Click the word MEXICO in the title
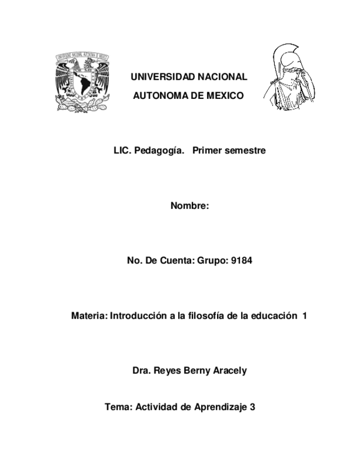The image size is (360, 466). click(224, 96)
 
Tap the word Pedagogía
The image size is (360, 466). click(159, 151)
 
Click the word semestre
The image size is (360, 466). click(245, 151)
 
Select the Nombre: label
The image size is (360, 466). click(190, 206)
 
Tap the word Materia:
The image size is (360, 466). click(90, 316)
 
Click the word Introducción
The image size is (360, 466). click(138, 316)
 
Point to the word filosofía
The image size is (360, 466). click(207, 316)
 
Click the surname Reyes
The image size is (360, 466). click(163, 370)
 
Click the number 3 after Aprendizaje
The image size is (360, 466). click(252, 407)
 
